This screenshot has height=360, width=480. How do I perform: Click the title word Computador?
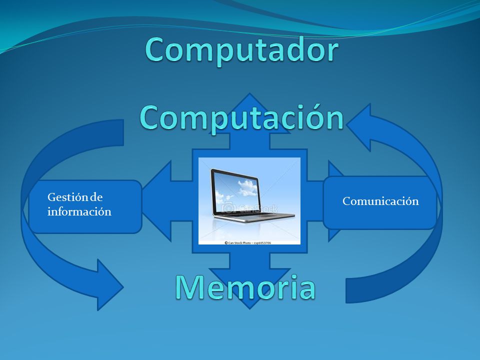242,50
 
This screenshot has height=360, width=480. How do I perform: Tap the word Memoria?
245,287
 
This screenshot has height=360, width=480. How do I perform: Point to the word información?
79,212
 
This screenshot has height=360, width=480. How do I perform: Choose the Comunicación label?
380,201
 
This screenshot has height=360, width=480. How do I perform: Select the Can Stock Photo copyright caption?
247,243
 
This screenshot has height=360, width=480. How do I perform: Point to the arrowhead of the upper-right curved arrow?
361,126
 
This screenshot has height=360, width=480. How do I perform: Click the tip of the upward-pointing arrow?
249,93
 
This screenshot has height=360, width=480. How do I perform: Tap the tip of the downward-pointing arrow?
249,308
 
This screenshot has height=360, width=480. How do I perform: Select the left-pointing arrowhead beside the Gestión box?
156,201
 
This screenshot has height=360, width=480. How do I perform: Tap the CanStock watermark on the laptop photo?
249,208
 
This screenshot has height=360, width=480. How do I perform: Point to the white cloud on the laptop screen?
246,187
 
